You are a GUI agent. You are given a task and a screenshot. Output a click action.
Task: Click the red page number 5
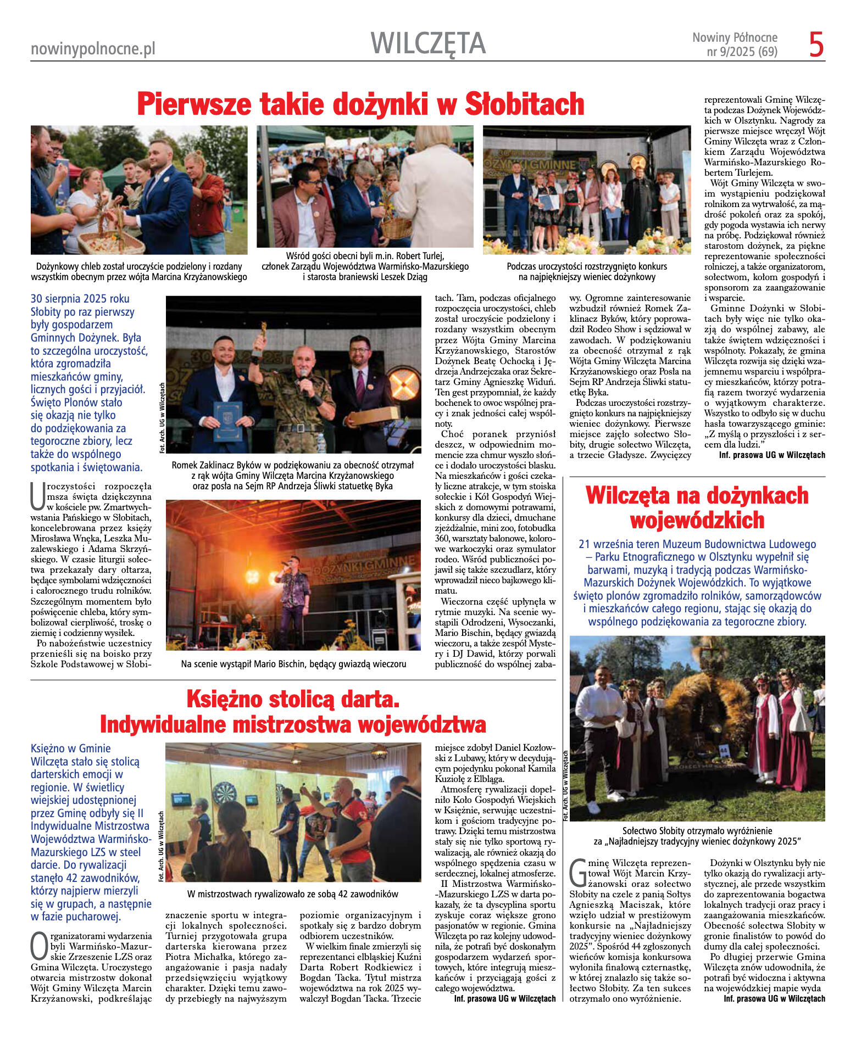816,44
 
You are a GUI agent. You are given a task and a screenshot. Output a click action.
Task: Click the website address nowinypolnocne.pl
93,49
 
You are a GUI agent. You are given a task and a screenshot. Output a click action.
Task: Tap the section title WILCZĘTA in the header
428,43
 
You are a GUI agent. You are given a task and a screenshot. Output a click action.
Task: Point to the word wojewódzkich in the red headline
697,519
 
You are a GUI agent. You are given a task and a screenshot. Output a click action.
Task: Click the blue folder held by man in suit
227,421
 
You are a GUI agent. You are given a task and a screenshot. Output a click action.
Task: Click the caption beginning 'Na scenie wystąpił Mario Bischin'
293,664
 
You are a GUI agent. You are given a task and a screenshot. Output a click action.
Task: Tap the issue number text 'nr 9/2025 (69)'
742,52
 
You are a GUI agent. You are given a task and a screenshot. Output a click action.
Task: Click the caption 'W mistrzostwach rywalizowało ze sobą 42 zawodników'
292,894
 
